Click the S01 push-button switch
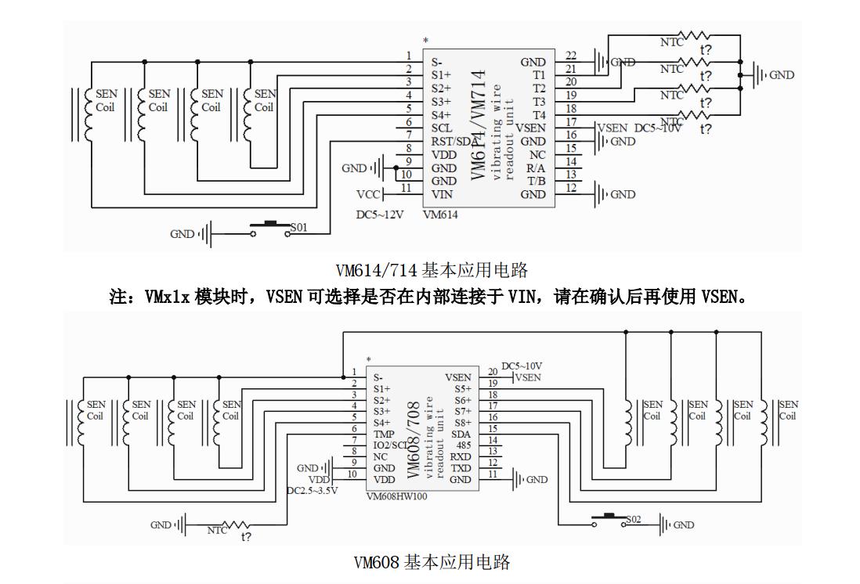271,228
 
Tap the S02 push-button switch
609,518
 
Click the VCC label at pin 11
368,194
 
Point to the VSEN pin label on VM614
531,128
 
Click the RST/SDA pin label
453,142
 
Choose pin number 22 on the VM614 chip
571,56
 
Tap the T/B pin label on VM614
536,181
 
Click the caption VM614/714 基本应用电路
432,271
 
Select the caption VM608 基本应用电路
432,562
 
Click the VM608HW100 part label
396,496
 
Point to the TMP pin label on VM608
383,433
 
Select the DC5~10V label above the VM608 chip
522,366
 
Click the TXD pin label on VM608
461,468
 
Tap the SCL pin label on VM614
441,128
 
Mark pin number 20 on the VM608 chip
493,372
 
